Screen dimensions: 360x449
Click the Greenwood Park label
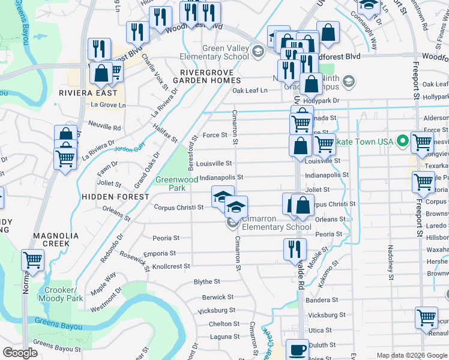pos(177,183)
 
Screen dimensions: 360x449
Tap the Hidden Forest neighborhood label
pos(115,197)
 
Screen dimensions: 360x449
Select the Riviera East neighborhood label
pos(88,93)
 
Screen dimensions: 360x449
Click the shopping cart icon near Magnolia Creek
pos(32,260)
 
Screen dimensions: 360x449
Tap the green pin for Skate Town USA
pos(403,141)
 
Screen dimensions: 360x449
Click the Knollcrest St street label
pos(170,266)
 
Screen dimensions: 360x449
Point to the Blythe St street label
pos(206,281)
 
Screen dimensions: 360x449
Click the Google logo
pos(20,353)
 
